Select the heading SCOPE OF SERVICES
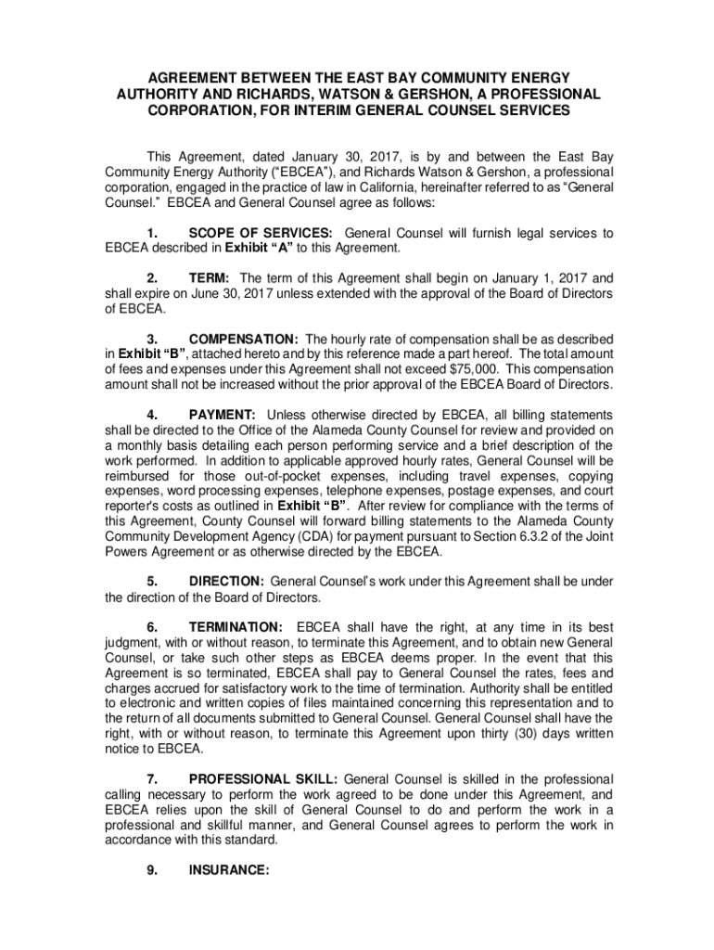click(x=262, y=233)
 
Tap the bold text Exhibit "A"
click(x=279, y=248)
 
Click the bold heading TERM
click(x=210, y=277)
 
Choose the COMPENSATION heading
click(x=243, y=338)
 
